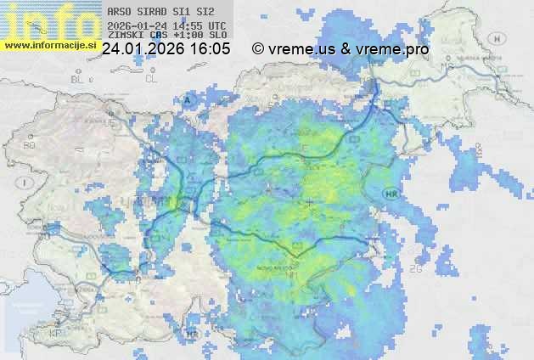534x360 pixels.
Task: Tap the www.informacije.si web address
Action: (x=48, y=44)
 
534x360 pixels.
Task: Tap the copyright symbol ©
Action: (x=258, y=49)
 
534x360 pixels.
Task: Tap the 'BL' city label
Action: (x=78, y=78)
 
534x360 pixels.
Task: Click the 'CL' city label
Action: (x=151, y=78)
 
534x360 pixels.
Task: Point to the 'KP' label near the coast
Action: (x=57, y=333)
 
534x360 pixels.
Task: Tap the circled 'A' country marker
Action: (x=188, y=99)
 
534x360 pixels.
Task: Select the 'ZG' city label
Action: (x=416, y=269)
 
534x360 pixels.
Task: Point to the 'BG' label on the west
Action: (x=29, y=146)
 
